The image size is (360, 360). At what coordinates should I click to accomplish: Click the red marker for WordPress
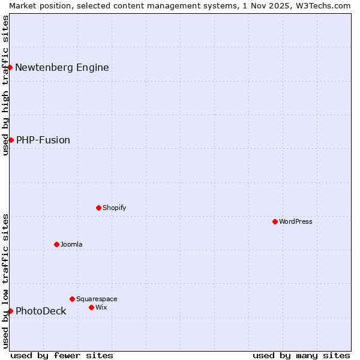pos(275,221)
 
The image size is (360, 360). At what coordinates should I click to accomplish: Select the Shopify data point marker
pos(98,208)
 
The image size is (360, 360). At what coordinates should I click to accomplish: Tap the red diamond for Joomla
pos(56,244)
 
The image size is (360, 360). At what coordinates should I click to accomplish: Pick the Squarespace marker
pos(72,299)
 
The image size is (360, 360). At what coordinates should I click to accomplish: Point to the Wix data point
pos(91,307)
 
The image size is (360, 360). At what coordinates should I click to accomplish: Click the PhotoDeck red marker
pos(10,311)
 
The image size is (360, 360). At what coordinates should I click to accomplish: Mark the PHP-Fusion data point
pos(11,140)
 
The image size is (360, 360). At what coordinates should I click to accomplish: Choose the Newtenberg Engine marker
pos(10,67)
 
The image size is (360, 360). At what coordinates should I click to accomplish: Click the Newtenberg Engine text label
pos(62,67)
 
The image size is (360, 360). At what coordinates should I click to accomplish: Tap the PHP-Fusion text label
pos(43,140)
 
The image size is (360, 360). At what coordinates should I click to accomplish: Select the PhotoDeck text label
pos(41,311)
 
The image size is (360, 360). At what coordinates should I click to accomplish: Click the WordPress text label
pos(296,221)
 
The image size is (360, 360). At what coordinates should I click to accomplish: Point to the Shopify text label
pos(114,208)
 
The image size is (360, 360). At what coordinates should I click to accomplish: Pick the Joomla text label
pos(71,244)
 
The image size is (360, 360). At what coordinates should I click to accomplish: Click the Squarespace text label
pos(97,299)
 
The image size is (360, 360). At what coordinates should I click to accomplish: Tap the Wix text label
pos(101,307)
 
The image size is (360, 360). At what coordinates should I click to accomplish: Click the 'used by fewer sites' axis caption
pos(62,355)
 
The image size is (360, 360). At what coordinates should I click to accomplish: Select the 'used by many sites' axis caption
pos(301,355)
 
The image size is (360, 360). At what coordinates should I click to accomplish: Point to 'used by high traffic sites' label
pos(5,85)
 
